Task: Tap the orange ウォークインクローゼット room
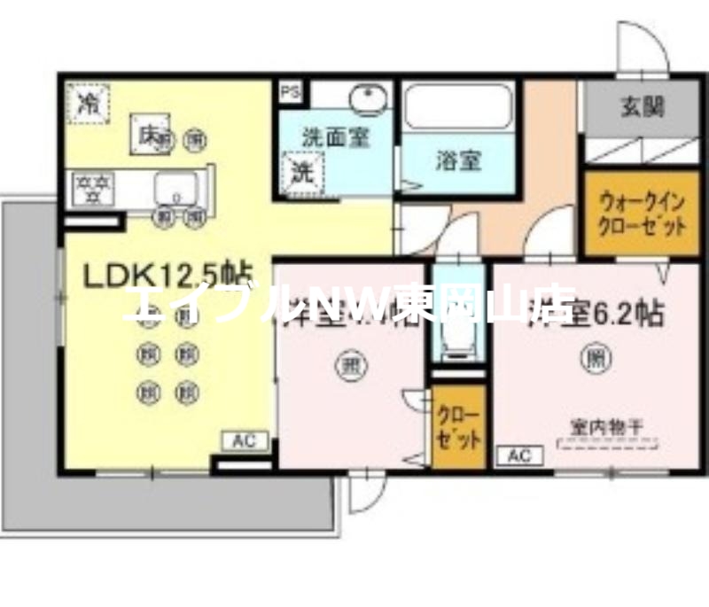pyautogui.click(x=630, y=214)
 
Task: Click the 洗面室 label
pyautogui.click(x=334, y=137)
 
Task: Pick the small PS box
pyautogui.click(x=290, y=91)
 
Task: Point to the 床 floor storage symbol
pyautogui.click(x=149, y=135)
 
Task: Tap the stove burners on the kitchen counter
pyautogui.click(x=93, y=188)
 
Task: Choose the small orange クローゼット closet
pyautogui.click(x=458, y=427)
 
